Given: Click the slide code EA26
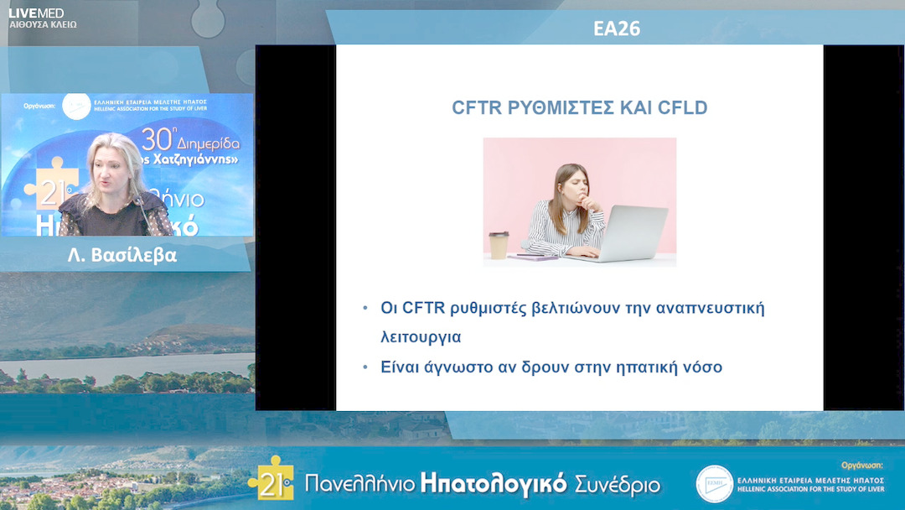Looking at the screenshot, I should (616, 29).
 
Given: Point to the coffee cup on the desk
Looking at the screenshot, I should (499, 245).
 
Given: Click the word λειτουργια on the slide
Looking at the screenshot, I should (421, 337).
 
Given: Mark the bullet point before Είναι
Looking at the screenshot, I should (365, 367).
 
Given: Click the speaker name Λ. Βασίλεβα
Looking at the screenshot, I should (122, 256).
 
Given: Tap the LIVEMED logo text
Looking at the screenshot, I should (36, 13).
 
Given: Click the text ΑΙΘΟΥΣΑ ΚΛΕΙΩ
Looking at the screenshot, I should (42, 25).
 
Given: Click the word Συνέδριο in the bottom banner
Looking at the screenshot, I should (618, 485).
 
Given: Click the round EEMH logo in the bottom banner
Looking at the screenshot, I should (714, 484).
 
